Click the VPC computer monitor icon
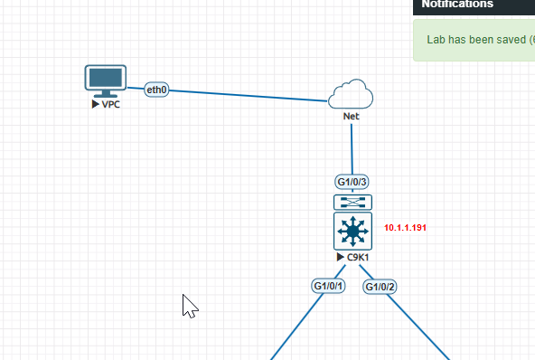[105, 80]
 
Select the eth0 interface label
[157, 90]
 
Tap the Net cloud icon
[351, 94]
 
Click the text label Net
[352, 117]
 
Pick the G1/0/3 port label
[352, 181]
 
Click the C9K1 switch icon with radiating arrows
[352, 232]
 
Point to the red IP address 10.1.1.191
[405, 227]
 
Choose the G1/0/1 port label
[328, 286]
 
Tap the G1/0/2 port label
[380, 287]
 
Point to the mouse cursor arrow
[189, 306]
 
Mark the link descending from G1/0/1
[294, 330]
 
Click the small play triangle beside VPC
[95, 104]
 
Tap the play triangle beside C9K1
[340, 258]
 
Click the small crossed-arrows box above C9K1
[352, 203]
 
